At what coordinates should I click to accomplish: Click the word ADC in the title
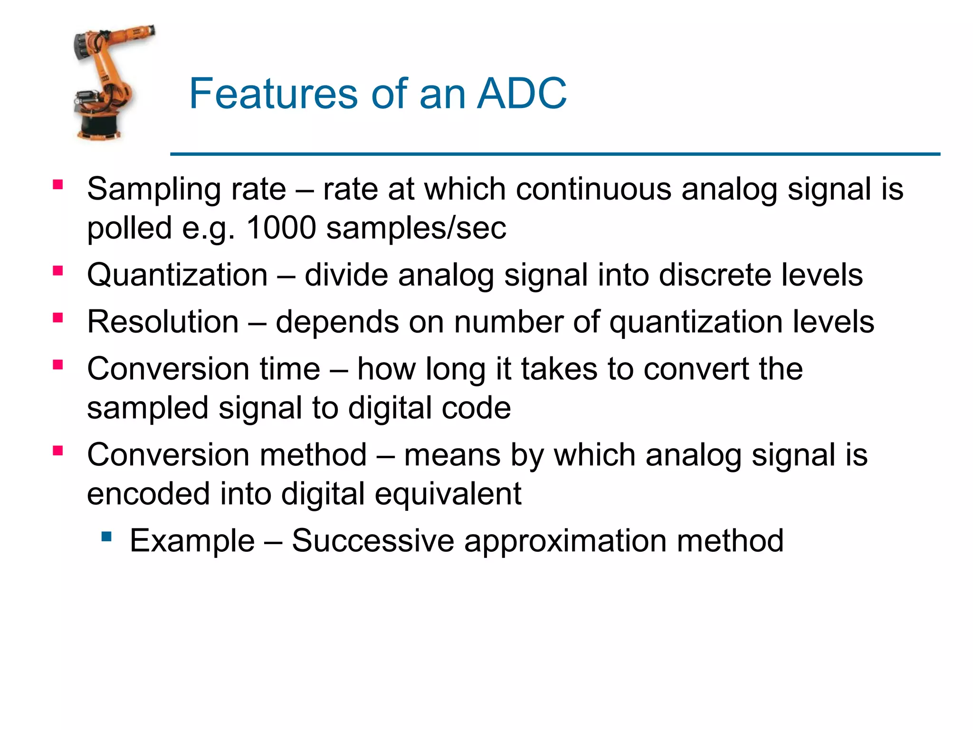[x=521, y=94]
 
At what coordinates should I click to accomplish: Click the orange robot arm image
[x=109, y=71]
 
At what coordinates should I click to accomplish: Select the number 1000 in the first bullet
[x=281, y=228]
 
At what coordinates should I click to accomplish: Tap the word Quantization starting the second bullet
[x=177, y=275]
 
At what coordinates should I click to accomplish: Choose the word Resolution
[x=162, y=322]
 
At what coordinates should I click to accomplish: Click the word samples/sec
[x=416, y=228]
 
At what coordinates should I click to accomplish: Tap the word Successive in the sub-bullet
[x=373, y=541]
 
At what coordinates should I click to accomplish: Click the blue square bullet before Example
[x=106, y=537]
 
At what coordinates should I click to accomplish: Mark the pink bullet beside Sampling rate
[x=58, y=185]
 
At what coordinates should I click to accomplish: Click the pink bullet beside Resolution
[x=58, y=317]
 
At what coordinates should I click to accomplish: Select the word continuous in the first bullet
[x=593, y=189]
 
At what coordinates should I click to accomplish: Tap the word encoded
[x=148, y=494]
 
